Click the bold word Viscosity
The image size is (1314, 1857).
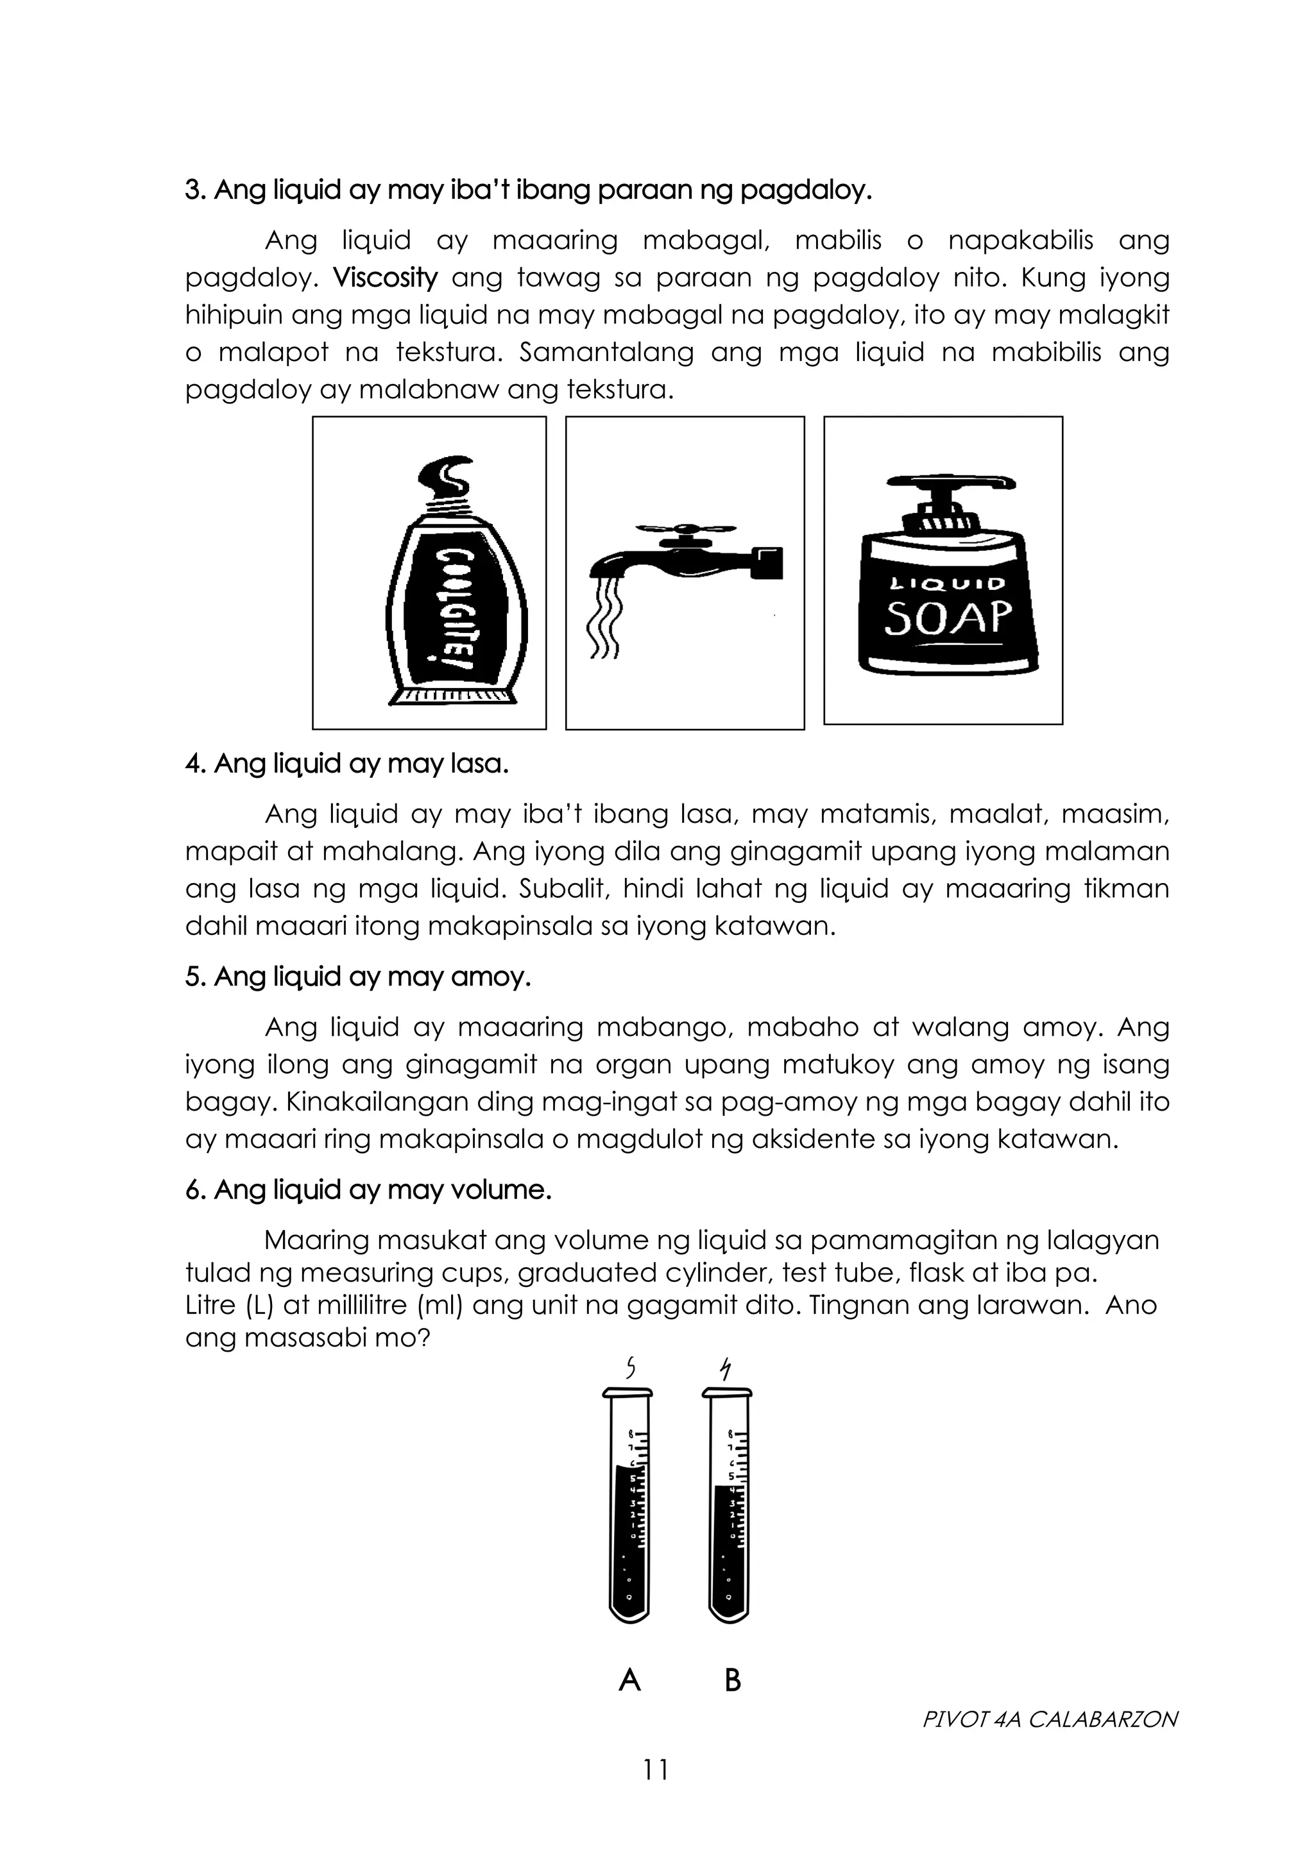(385, 278)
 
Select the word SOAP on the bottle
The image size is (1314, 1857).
(948, 618)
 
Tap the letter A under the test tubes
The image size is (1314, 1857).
(629, 1681)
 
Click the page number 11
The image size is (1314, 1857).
(656, 1770)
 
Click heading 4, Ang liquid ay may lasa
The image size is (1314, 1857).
(347, 764)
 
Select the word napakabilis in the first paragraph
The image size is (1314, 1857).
(1020, 241)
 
